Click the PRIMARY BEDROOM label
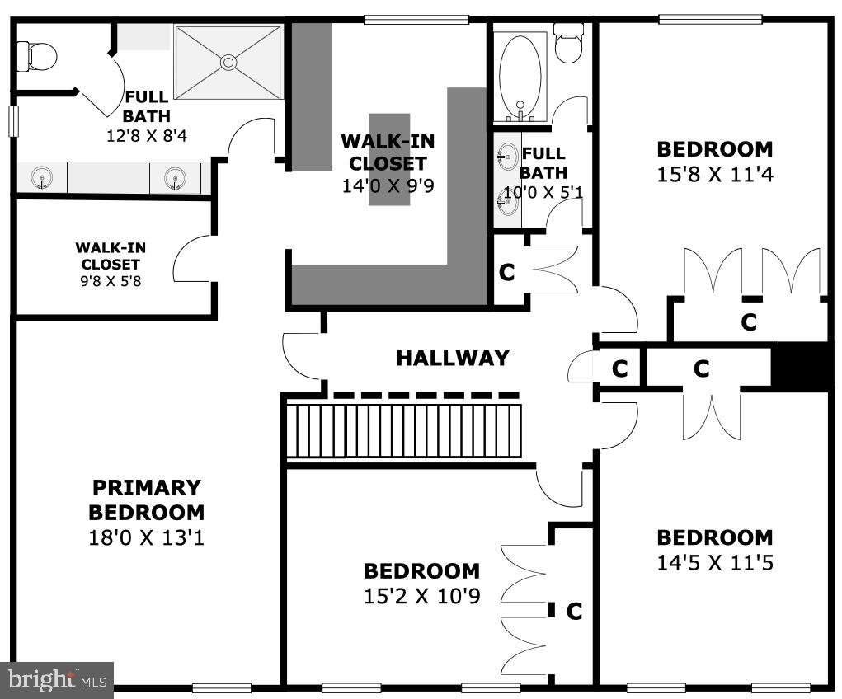[146, 500]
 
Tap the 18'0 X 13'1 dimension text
[146, 538]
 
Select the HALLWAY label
[452, 359]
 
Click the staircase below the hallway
[404, 429]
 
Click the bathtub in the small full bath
[520, 74]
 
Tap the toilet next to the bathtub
[568, 45]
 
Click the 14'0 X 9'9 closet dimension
[388, 185]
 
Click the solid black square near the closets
[799, 367]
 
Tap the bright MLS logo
[56, 680]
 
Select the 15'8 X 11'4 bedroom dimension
[715, 175]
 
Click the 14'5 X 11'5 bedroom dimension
[715, 563]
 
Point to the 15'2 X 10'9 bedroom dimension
[421, 596]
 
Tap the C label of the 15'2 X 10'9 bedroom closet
[574, 612]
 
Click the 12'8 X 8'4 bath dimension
[146, 135]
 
